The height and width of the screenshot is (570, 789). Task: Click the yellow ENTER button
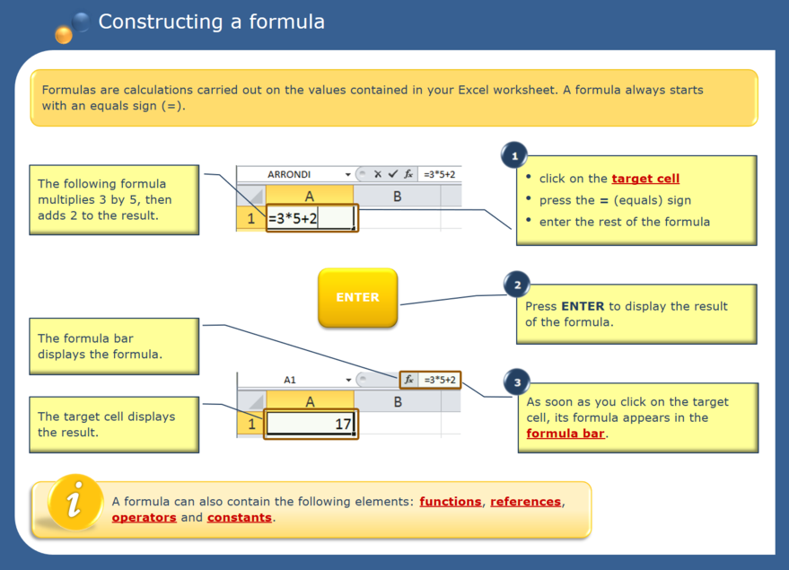pyautogui.click(x=357, y=297)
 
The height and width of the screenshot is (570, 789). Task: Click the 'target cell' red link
pyautogui.click(x=645, y=179)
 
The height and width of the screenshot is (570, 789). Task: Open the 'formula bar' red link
pyautogui.click(x=565, y=434)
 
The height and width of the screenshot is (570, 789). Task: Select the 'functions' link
pyautogui.click(x=451, y=502)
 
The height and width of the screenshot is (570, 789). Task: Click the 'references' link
pyautogui.click(x=526, y=502)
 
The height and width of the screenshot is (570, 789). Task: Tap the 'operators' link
pyautogui.click(x=144, y=517)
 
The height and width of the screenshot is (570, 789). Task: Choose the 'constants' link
pyautogui.click(x=239, y=517)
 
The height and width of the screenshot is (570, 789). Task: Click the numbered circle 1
pyautogui.click(x=514, y=155)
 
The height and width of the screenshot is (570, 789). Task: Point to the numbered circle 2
pyautogui.click(x=517, y=285)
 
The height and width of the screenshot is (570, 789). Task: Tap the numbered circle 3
pyautogui.click(x=517, y=382)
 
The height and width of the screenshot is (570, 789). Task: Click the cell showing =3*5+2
pyautogui.click(x=311, y=218)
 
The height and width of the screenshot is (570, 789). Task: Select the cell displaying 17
pyautogui.click(x=311, y=424)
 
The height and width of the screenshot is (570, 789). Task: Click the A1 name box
pyautogui.click(x=290, y=380)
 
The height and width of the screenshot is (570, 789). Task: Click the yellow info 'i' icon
pyautogui.click(x=75, y=501)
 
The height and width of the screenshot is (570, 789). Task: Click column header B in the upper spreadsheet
pyautogui.click(x=397, y=196)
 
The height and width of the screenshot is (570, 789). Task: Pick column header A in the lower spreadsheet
pyautogui.click(x=310, y=401)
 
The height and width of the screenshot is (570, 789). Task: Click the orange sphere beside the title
pyautogui.click(x=63, y=35)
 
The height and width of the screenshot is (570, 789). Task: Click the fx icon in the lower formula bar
pyautogui.click(x=408, y=380)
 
